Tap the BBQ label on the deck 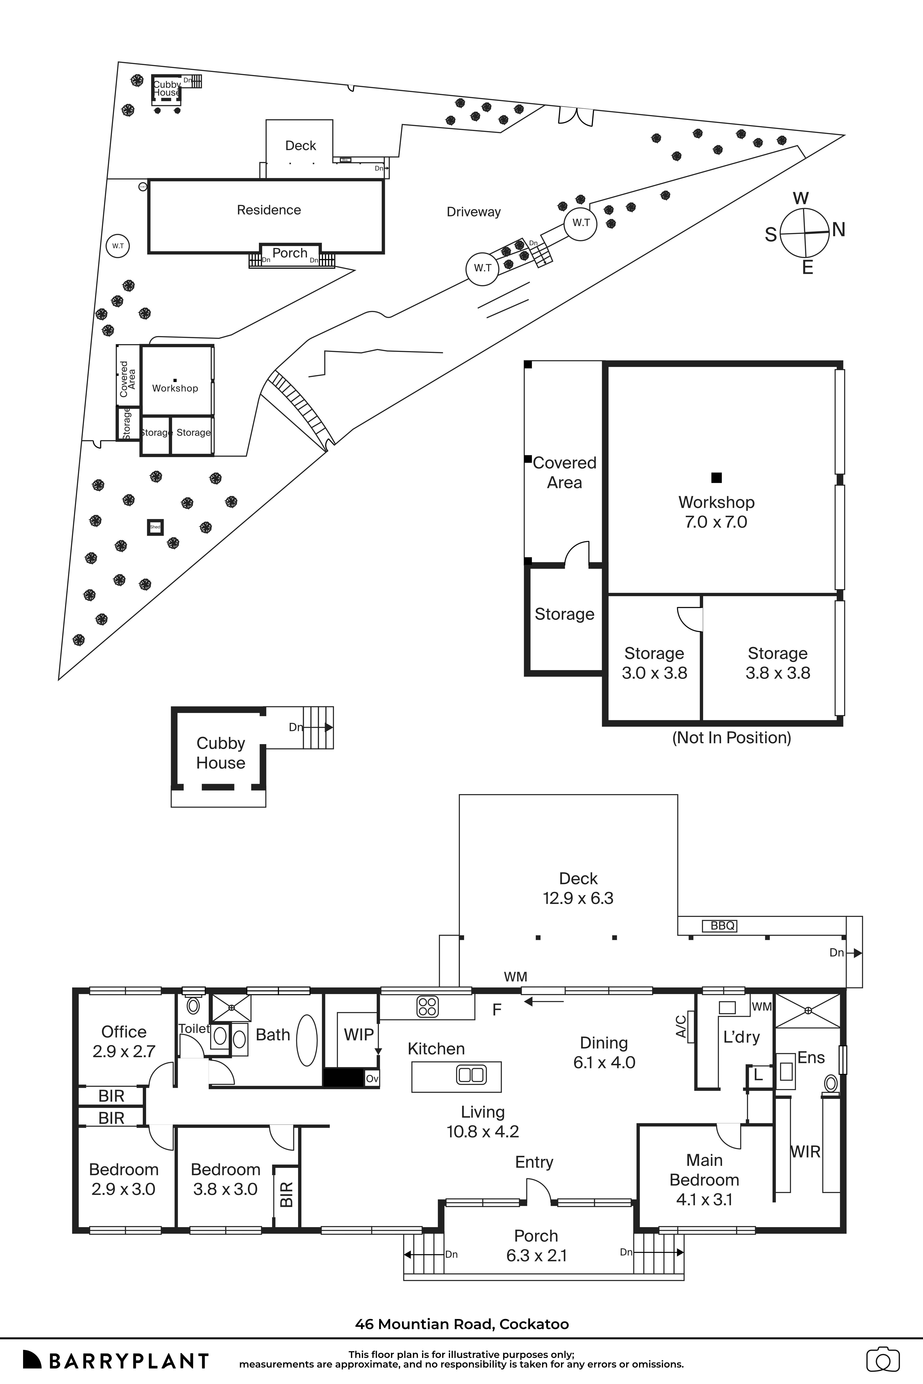click(722, 926)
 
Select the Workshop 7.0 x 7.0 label click(716, 512)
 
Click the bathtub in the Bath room click(307, 1040)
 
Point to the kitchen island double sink click(471, 1075)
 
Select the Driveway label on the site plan click(473, 212)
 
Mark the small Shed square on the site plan click(155, 527)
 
